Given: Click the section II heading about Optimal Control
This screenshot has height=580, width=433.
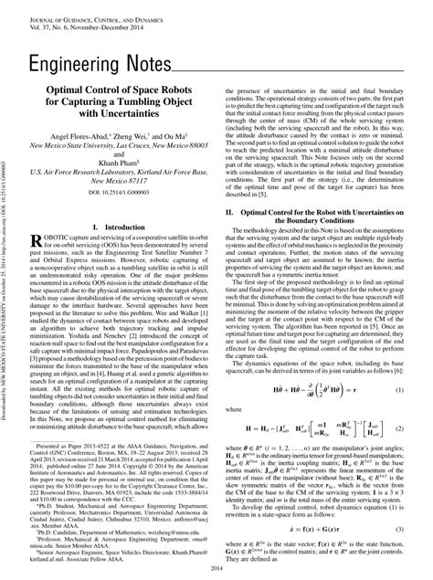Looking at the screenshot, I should pyautogui.click(x=324, y=216).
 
